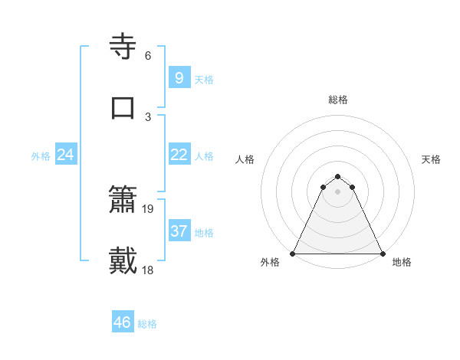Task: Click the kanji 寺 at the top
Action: (123, 47)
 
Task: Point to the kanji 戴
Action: (123, 260)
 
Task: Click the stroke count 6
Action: (148, 56)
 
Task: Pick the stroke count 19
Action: (149, 208)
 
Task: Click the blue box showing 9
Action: (179, 78)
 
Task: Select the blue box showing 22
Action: (179, 155)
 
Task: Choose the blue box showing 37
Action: (179, 231)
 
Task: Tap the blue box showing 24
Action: (65, 155)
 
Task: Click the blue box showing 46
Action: (122, 322)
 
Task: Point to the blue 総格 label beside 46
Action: (147, 324)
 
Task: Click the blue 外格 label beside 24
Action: (41, 156)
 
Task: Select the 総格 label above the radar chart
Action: (338, 100)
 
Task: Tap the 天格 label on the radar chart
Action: (431, 159)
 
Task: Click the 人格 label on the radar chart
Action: (245, 159)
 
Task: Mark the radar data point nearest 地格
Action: (382, 254)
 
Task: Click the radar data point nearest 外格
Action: (293, 254)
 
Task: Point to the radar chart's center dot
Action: (337, 191)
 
